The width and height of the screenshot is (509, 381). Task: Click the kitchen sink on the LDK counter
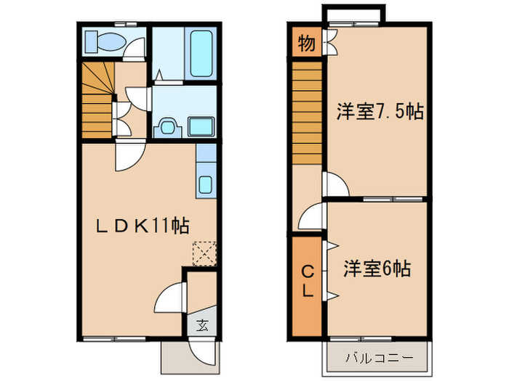point(205,184)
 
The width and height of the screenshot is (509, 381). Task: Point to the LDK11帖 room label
point(142,226)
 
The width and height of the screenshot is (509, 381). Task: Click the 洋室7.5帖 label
point(380,112)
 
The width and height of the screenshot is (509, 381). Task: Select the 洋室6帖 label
point(377,269)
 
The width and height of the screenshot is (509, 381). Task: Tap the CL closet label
point(308,282)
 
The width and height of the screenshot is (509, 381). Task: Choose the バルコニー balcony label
point(378,359)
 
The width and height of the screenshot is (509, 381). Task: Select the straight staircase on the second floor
point(308,112)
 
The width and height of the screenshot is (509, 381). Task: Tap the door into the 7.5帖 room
point(337,185)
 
